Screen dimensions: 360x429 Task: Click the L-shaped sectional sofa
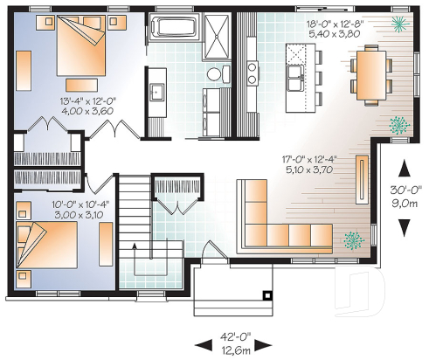(x=279, y=219)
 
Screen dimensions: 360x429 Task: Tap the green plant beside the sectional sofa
(x=353, y=238)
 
